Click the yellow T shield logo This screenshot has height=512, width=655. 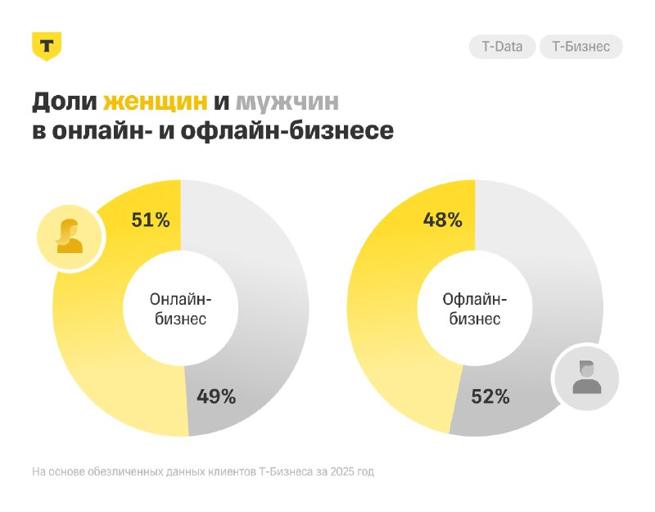pos(47,46)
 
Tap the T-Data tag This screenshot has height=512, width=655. pos(502,47)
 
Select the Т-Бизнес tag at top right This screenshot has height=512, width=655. pos(580,47)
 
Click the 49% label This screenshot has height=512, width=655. pos(216,396)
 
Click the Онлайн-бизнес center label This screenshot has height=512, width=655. pos(180,309)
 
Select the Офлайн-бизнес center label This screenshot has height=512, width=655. pos(475,309)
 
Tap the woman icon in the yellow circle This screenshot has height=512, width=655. pos(70,237)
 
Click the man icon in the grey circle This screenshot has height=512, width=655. pos(585,377)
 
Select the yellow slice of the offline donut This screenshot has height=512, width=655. pos(385,328)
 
